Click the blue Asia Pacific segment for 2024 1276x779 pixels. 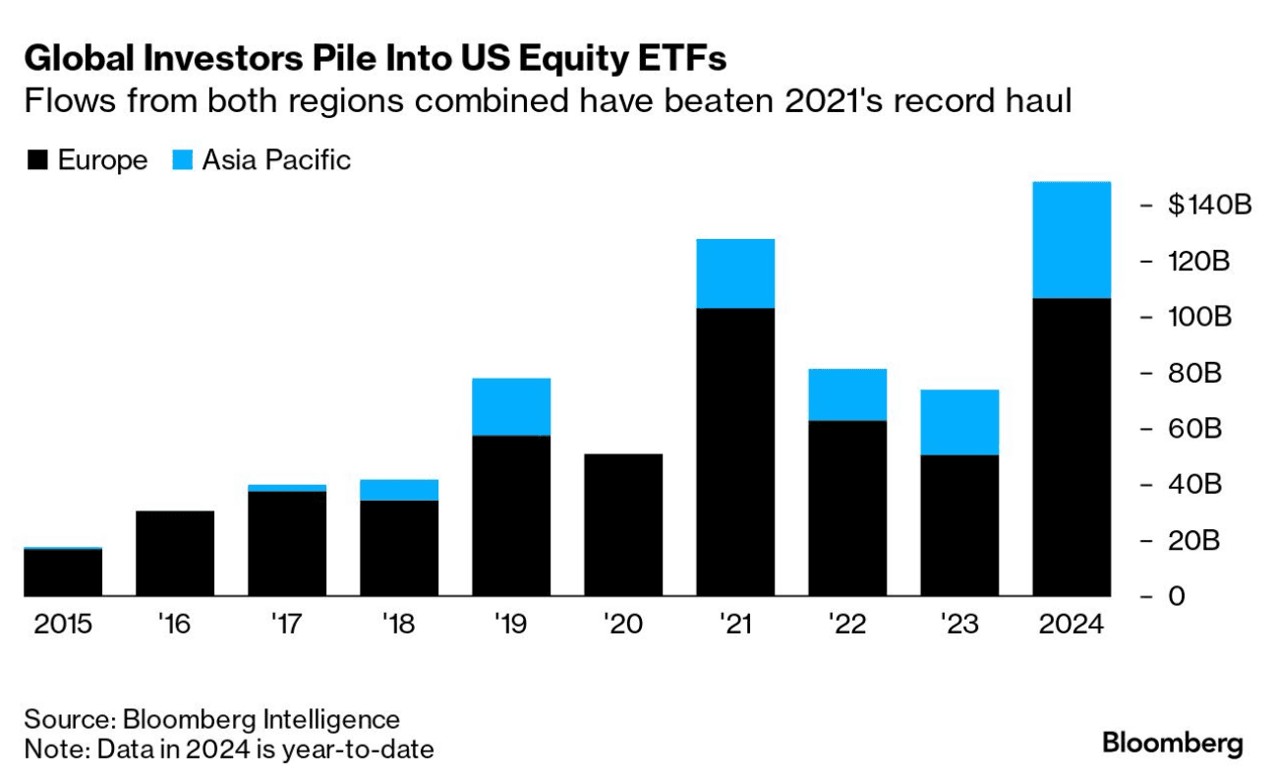point(1072,240)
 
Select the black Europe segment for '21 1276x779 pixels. point(735,451)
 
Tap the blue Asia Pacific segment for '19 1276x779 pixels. point(511,406)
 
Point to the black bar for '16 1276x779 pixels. point(175,553)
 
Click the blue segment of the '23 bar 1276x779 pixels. point(959,422)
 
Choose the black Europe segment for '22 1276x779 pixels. point(847,508)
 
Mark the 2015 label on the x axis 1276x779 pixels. point(63,626)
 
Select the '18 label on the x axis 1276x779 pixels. point(399,626)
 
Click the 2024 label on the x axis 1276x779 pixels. point(1072,626)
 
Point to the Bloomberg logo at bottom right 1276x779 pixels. point(1172,743)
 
